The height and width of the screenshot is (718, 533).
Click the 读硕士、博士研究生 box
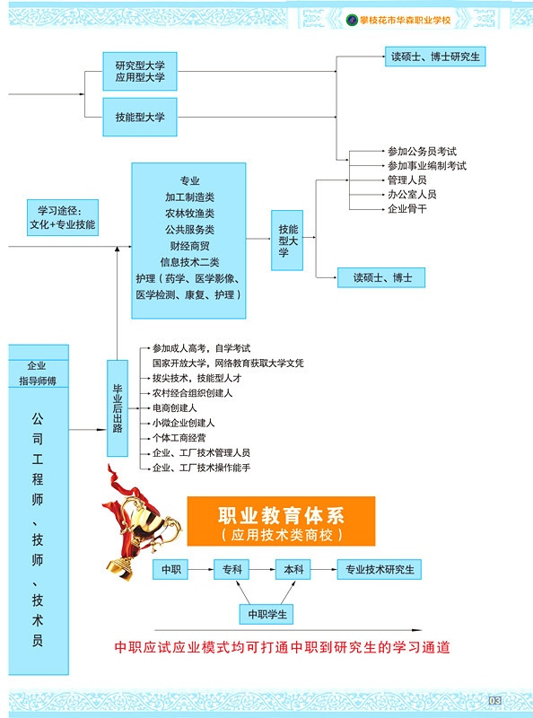435,57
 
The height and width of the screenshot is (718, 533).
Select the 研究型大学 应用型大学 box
140,72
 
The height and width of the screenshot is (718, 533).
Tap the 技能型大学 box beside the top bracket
140,118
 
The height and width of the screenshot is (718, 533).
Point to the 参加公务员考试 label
422,151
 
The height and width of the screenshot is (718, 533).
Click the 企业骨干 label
407,209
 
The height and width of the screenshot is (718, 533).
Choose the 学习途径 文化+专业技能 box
63,217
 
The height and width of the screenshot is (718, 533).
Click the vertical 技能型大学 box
287,241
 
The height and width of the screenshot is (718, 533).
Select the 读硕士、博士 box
381,277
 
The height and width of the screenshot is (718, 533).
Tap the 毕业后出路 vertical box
118,408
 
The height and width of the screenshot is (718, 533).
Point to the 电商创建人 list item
174,408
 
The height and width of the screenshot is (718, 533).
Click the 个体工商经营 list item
179,438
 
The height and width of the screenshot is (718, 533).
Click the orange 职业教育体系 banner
281,521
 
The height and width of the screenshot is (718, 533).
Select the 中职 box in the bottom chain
170,569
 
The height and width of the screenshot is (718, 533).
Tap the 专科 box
232,569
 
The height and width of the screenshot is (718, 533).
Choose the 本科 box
293,569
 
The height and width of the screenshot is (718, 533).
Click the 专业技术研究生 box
380,569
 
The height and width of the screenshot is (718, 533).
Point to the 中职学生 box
266,614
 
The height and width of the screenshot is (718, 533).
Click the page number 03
494,700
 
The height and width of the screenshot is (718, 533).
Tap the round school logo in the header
352,20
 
